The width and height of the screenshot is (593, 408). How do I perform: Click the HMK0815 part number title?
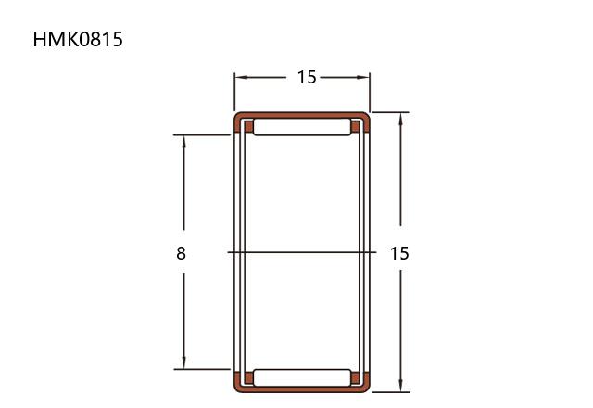78,39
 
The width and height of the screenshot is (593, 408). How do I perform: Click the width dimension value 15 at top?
307,78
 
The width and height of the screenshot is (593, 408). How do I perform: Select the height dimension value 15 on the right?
399,253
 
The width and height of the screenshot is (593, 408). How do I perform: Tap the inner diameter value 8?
182,253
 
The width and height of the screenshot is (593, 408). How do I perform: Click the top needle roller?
302,127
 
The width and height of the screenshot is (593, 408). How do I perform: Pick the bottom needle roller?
302,377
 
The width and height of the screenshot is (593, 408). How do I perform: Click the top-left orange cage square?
249,127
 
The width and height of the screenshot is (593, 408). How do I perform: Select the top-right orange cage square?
356,127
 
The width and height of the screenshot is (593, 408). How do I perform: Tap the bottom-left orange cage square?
249,377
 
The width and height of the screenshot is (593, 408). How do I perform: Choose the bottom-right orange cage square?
356,377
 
